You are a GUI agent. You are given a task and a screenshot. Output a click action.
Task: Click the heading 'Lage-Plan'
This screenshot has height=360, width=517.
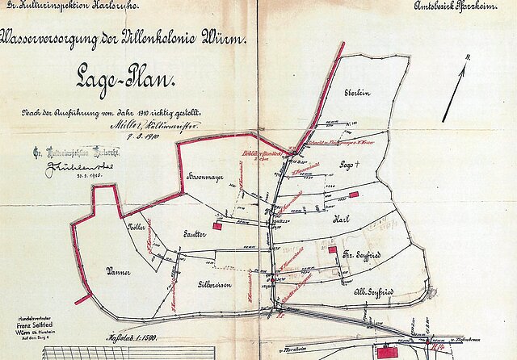[x=118, y=79]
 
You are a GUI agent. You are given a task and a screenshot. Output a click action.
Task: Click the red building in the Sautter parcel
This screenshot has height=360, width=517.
[x=216, y=227]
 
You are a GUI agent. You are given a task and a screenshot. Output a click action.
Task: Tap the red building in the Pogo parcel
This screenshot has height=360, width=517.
[x=353, y=195]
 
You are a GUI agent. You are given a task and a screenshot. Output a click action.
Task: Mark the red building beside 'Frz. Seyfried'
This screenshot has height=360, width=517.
[x=333, y=250]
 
